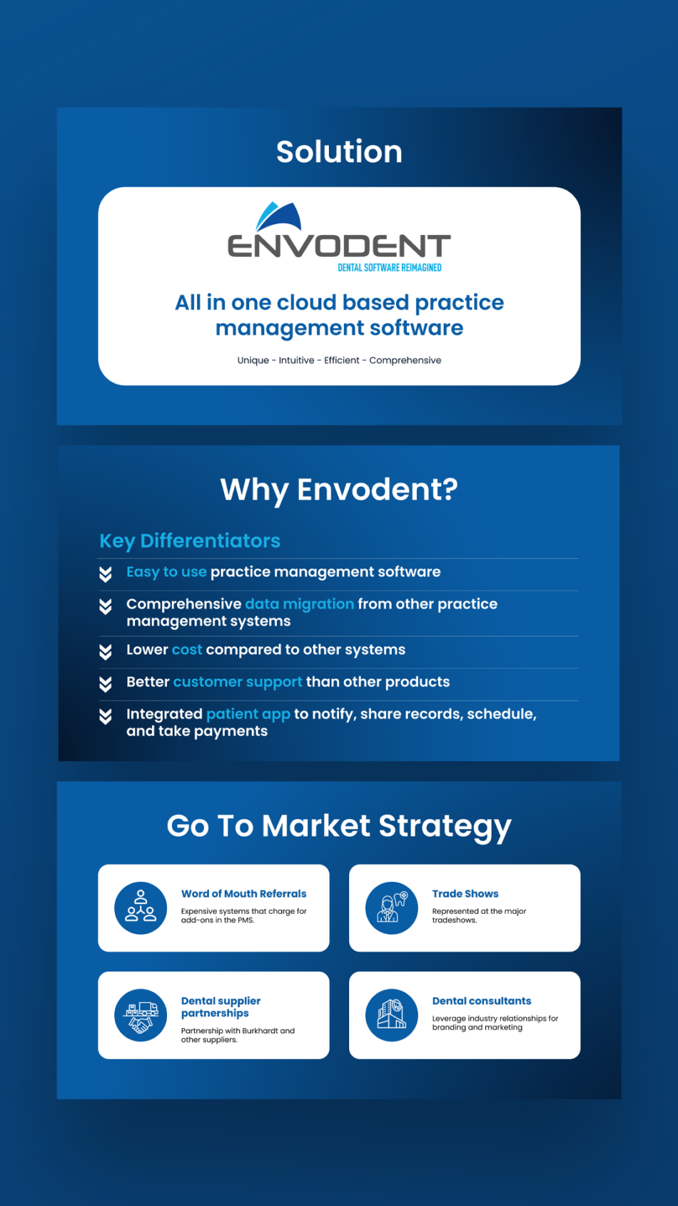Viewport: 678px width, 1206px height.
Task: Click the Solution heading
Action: [x=339, y=152]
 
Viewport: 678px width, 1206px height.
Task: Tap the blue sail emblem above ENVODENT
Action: [x=278, y=216]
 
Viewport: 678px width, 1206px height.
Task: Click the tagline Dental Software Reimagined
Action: [x=390, y=268]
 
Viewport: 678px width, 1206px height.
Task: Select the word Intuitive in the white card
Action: [x=296, y=360]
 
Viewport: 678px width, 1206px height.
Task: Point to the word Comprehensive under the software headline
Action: [x=405, y=361]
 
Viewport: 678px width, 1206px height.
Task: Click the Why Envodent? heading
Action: [x=339, y=490]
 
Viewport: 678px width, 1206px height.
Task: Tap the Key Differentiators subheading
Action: [x=190, y=541]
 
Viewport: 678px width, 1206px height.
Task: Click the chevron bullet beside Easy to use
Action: [x=106, y=575]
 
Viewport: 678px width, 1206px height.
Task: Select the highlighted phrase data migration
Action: [x=300, y=604]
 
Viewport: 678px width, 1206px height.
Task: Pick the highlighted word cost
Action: [x=187, y=650]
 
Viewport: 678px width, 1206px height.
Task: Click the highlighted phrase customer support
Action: [x=238, y=682]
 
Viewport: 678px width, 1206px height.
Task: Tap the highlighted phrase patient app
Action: [x=248, y=715]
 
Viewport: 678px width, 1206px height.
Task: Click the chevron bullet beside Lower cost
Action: [x=106, y=652]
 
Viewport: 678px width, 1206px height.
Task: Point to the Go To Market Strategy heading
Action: [x=339, y=826]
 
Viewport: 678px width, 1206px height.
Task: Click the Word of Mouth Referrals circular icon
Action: [x=141, y=908]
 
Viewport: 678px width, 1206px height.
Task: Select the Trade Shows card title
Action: [x=465, y=894]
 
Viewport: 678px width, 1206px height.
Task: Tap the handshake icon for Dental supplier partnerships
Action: [x=141, y=1015]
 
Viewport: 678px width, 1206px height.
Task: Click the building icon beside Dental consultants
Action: [x=392, y=1015]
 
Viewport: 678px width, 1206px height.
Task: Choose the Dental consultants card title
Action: [x=482, y=1001]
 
